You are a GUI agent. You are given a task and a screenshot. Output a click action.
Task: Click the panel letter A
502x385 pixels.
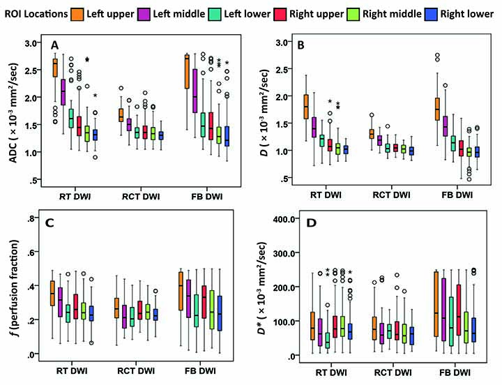[55, 46]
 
